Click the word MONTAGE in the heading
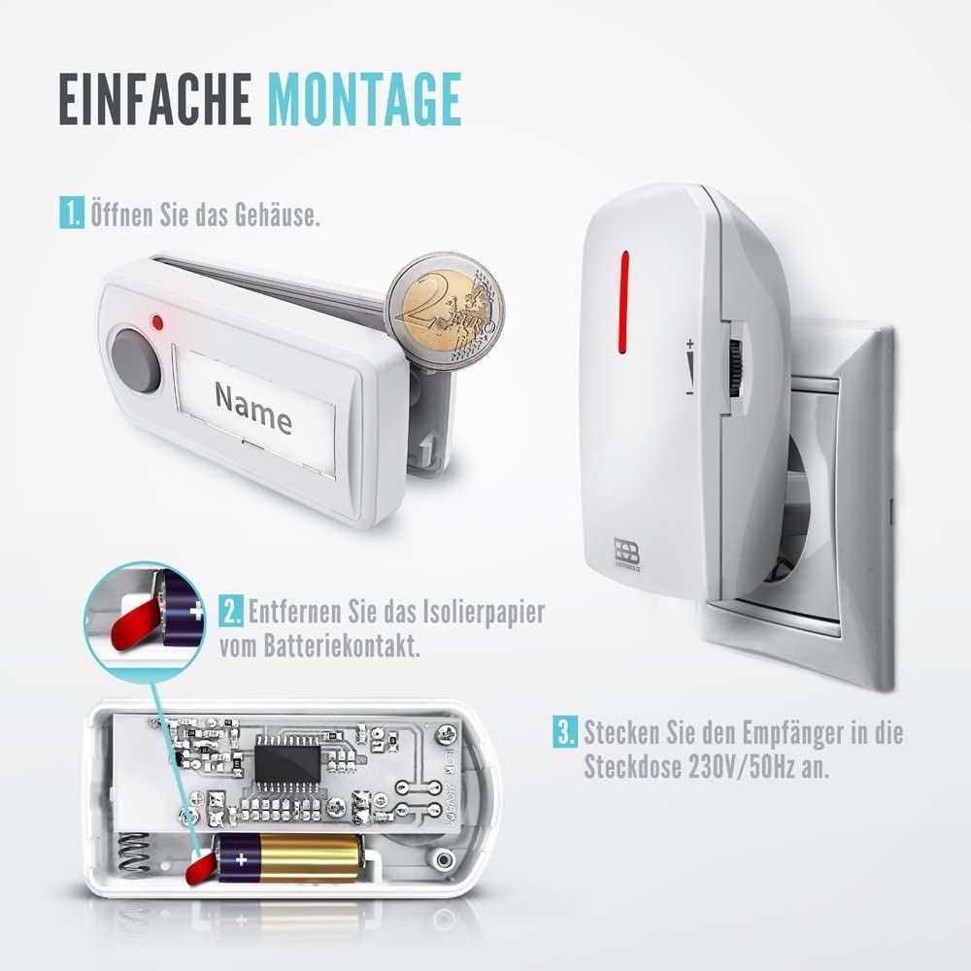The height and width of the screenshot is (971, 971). [x=365, y=99]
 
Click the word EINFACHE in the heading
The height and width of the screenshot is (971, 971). [x=154, y=99]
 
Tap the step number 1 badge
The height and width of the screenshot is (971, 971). [x=72, y=213]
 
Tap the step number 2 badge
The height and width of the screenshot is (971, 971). [x=231, y=612]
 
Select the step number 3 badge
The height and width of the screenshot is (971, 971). [x=565, y=732]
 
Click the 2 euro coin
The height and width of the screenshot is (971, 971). [x=446, y=311]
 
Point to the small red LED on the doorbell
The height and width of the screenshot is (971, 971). [x=157, y=321]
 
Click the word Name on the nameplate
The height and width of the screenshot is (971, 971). [x=253, y=408]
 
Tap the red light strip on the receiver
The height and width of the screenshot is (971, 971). [x=624, y=302]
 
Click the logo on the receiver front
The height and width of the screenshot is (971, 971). [x=626, y=552]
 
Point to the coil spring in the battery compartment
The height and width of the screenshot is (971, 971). [x=135, y=854]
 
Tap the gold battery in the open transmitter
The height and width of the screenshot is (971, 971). [x=288, y=857]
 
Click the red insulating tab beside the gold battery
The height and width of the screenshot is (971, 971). [x=201, y=867]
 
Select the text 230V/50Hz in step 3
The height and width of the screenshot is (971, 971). [x=742, y=768]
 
